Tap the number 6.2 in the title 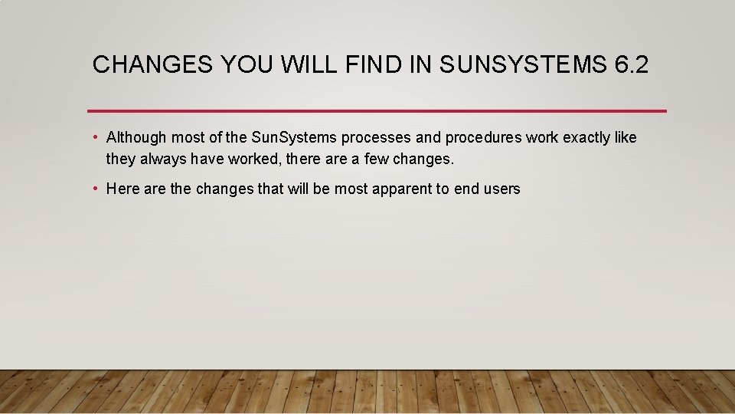[x=631, y=65]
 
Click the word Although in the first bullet [x=136, y=138]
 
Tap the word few [x=374, y=160]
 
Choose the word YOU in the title [x=249, y=65]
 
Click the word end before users [x=466, y=189]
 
